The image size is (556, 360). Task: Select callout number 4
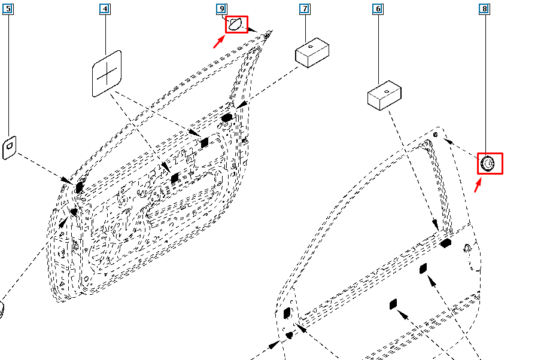(105, 9)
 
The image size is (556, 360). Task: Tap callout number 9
(221, 9)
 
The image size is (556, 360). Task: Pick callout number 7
(305, 9)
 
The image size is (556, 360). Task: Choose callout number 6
(378, 9)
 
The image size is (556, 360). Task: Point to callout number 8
(484, 9)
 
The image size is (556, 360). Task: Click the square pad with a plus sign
(107, 73)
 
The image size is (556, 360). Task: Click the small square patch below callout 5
(11, 147)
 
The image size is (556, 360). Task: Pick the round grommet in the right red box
(487, 163)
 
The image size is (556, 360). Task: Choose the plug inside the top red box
(236, 25)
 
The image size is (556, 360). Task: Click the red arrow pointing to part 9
(219, 41)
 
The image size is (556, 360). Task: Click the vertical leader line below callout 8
(484, 84)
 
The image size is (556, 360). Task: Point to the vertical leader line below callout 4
(105, 33)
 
